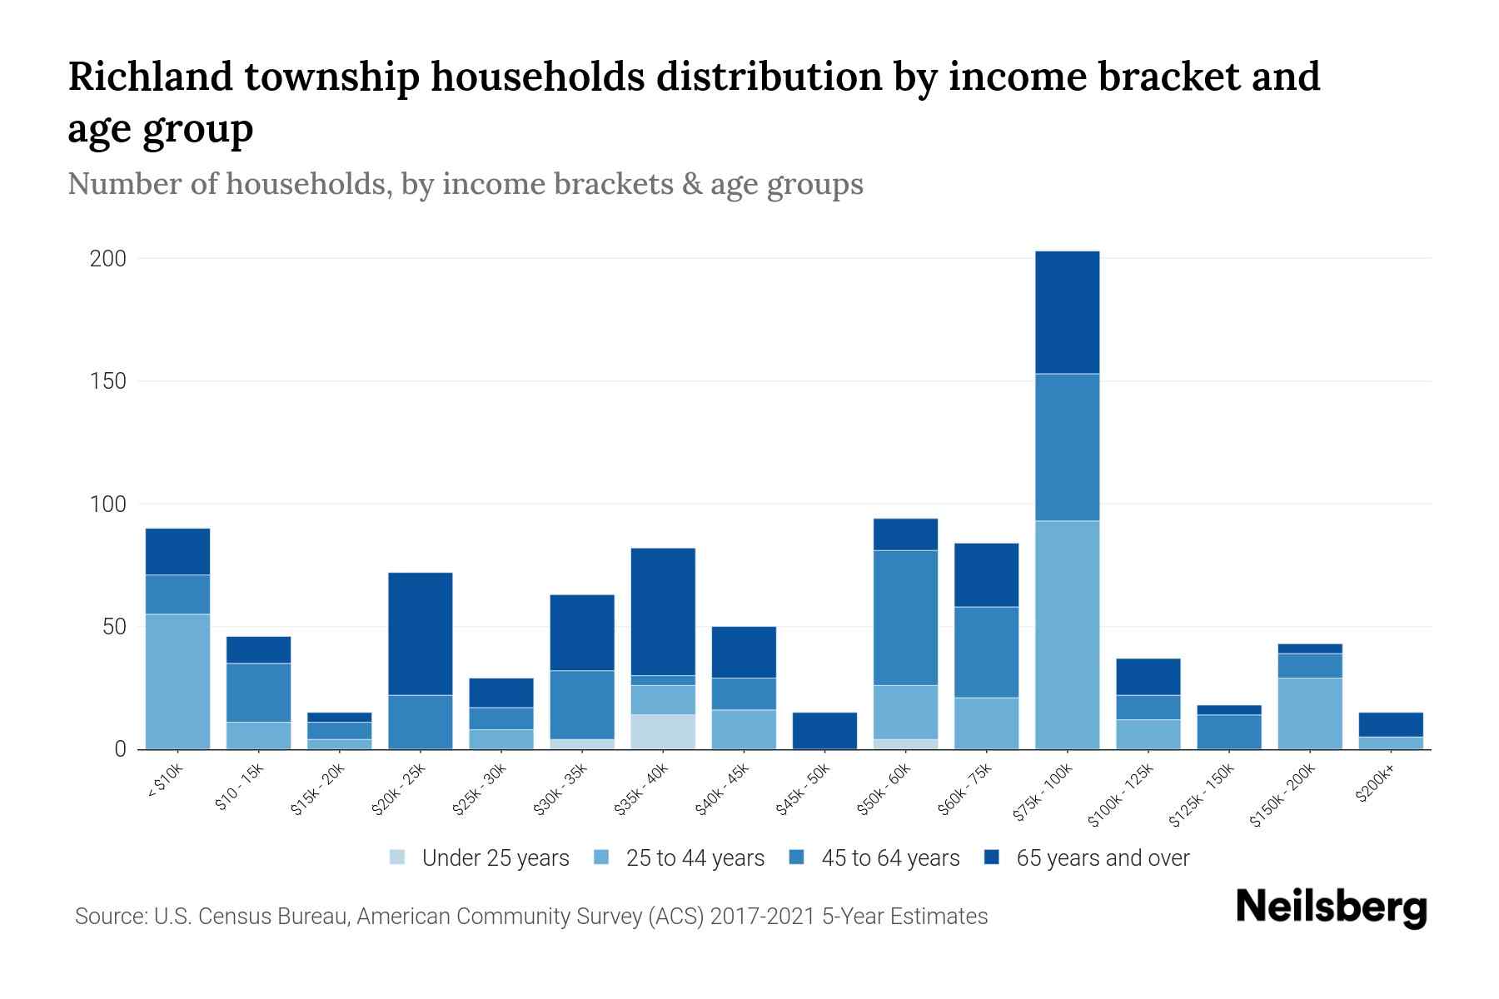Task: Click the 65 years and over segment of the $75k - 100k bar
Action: [x=1067, y=312]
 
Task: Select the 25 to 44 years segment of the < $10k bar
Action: [x=177, y=681]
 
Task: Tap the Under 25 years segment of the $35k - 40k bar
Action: [x=663, y=731]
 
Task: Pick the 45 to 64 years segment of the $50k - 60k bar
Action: [x=905, y=618]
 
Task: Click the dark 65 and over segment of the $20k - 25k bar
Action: [x=421, y=634]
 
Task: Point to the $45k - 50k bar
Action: [x=824, y=730]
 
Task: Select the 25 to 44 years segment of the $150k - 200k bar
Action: [x=1310, y=713]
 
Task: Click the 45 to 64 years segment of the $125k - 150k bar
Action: [x=1229, y=731]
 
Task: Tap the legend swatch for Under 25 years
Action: [x=398, y=857]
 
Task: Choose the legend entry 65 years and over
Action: [x=1102, y=857]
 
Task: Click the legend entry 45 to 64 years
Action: [x=889, y=857]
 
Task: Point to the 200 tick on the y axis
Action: [x=108, y=259]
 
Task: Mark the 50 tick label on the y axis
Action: [x=114, y=627]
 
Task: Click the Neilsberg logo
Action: [x=1331, y=907]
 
